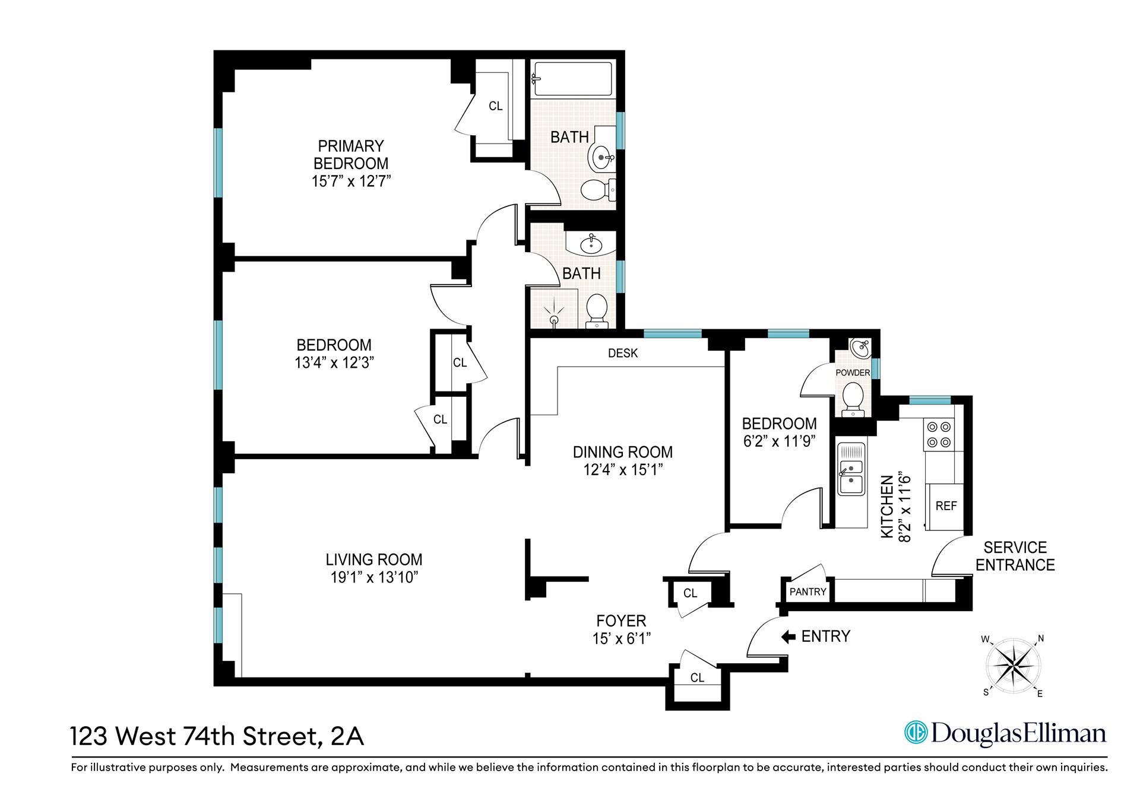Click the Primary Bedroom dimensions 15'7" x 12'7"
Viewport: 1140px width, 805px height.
coord(351,181)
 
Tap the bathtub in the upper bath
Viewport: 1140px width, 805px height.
coord(572,79)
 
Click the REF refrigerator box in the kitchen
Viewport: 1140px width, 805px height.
coord(946,506)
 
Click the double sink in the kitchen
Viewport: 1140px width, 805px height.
coord(851,477)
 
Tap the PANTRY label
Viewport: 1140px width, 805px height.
coord(807,591)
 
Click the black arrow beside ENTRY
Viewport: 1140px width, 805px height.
coord(788,637)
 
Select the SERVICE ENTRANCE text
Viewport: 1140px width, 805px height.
coord(1015,556)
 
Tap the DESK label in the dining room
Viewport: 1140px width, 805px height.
coord(623,354)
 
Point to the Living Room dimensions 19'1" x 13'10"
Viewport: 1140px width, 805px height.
coord(375,577)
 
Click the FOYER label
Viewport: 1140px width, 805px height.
coord(621,621)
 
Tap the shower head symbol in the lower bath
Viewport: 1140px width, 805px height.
coord(553,316)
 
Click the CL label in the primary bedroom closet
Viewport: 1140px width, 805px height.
coord(495,106)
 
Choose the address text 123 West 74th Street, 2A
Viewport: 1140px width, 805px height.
coord(217,736)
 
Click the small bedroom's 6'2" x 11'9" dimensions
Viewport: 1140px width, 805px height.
coord(780,441)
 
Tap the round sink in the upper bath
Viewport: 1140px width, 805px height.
coord(602,157)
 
